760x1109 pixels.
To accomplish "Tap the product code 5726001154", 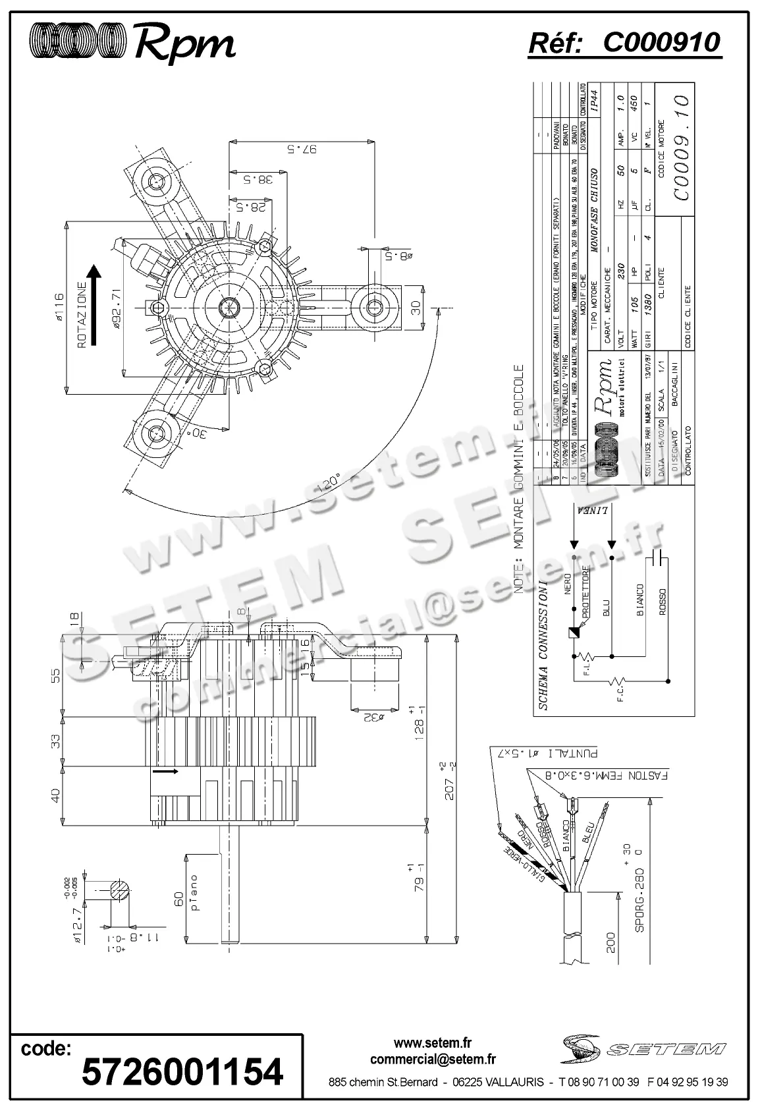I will [x=182, y=1071].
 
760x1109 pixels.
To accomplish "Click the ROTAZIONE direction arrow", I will [x=94, y=305].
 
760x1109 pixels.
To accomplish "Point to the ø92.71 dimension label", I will [x=115, y=307].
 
